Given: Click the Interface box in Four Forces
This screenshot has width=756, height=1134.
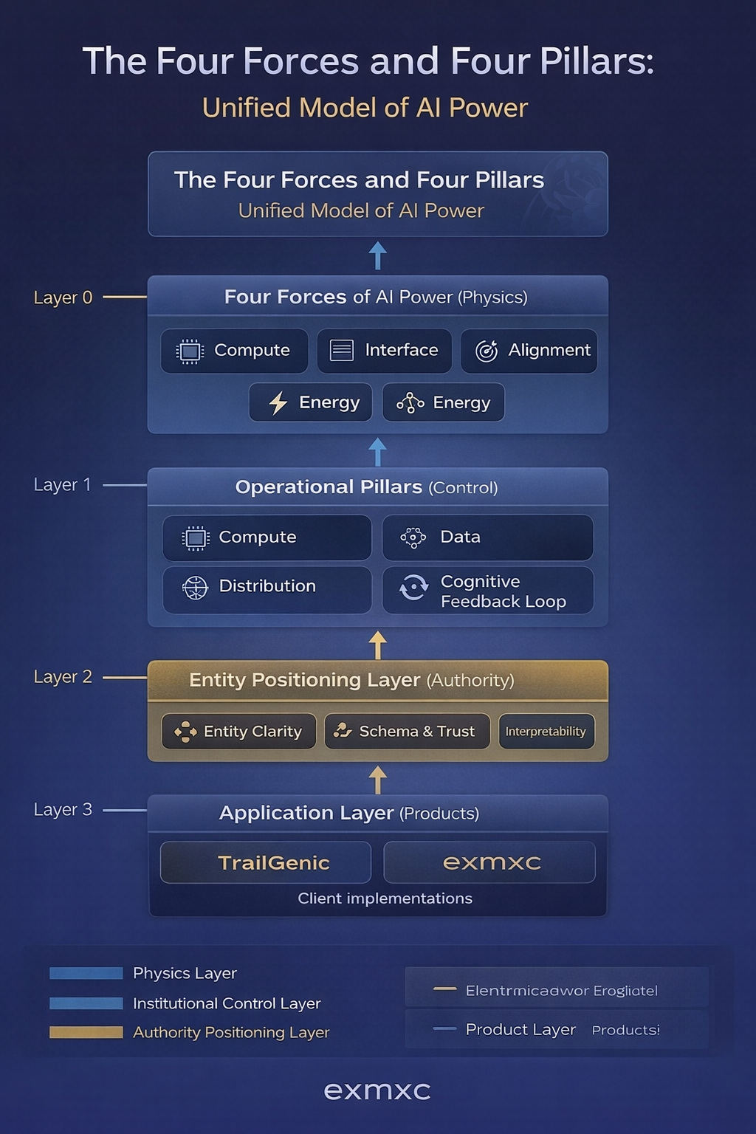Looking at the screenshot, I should [384, 351].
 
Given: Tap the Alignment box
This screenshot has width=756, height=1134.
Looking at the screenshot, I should [529, 351].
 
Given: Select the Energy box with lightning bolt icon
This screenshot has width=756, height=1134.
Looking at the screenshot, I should [311, 402].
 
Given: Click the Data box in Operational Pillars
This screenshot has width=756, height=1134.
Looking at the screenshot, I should [487, 537].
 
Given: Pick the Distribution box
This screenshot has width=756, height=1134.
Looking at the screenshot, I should [267, 587].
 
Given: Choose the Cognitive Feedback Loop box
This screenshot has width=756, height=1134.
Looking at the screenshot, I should [487, 591].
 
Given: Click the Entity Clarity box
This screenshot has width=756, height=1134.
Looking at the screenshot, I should [238, 732].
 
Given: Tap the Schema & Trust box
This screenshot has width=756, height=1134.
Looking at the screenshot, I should [407, 732].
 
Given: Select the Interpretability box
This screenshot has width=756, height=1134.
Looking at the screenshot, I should [546, 732].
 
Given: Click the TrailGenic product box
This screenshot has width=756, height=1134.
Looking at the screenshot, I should [266, 862].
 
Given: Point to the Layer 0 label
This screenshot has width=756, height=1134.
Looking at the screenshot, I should [63, 298].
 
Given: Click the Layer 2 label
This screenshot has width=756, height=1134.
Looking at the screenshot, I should [63, 677].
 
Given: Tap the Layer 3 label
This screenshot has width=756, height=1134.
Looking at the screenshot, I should [63, 810].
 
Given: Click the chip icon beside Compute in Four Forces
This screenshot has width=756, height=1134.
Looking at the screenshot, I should [190, 351].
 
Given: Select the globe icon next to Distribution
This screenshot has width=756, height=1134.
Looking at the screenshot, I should [195, 588].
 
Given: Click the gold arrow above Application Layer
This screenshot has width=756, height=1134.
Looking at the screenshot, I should [378, 780].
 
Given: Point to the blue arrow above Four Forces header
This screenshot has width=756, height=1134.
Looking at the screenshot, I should [378, 255].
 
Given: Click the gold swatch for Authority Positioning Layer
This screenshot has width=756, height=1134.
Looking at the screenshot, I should [86, 1032].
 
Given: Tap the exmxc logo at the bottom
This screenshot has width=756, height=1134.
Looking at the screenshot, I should [377, 1091].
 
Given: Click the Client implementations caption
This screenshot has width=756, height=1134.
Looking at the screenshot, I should [385, 898].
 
